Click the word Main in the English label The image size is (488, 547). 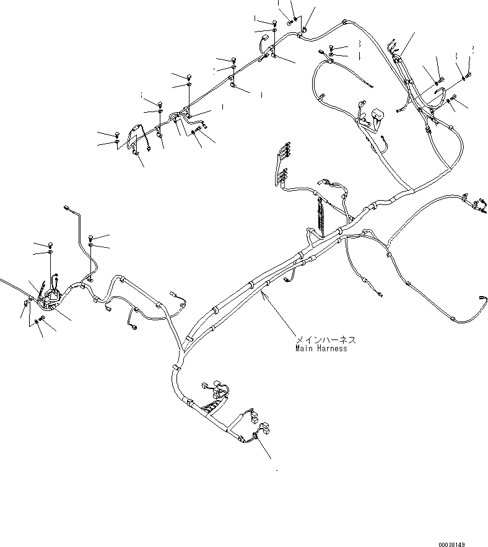(x=303, y=349)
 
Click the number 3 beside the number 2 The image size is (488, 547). (x=456, y=56)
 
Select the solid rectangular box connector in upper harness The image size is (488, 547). (x=378, y=116)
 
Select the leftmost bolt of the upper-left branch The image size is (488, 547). (x=116, y=134)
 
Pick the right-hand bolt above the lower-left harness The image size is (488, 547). (x=92, y=237)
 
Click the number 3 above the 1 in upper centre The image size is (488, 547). (x=358, y=44)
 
